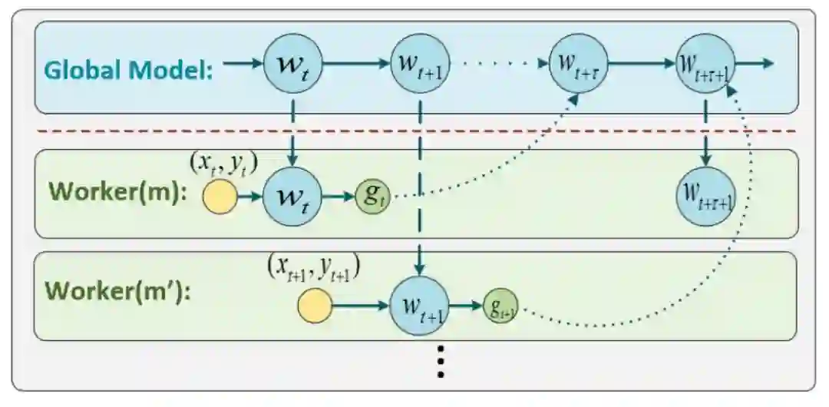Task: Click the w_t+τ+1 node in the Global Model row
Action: pos(705,62)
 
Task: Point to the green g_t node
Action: pos(371,198)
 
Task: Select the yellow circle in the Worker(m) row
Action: pos(220,198)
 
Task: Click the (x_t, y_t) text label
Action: pos(223,164)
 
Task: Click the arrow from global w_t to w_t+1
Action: pos(356,62)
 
